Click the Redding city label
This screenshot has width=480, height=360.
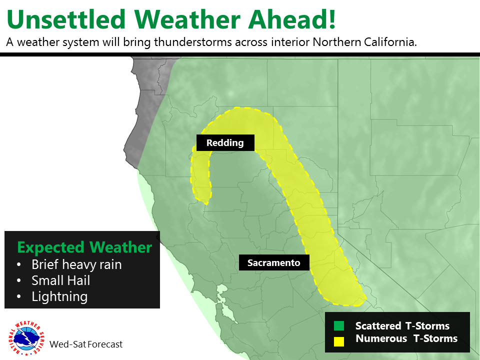click(225, 142)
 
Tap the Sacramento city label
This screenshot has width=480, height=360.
click(274, 262)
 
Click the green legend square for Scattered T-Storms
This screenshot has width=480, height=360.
click(339, 325)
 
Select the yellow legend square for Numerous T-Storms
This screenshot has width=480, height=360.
click(339, 341)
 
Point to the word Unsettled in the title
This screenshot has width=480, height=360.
click(66, 19)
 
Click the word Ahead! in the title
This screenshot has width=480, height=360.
click(292, 19)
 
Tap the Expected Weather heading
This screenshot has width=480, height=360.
click(84, 247)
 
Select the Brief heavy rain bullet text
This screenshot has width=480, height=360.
click(76, 264)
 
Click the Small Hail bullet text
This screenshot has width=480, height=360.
click(61, 280)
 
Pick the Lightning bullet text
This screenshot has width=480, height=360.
click(59, 296)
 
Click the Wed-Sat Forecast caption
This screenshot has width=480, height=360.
click(86, 344)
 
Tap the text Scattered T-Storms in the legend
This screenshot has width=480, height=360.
click(402, 325)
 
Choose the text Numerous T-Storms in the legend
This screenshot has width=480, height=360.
click(406, 338)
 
